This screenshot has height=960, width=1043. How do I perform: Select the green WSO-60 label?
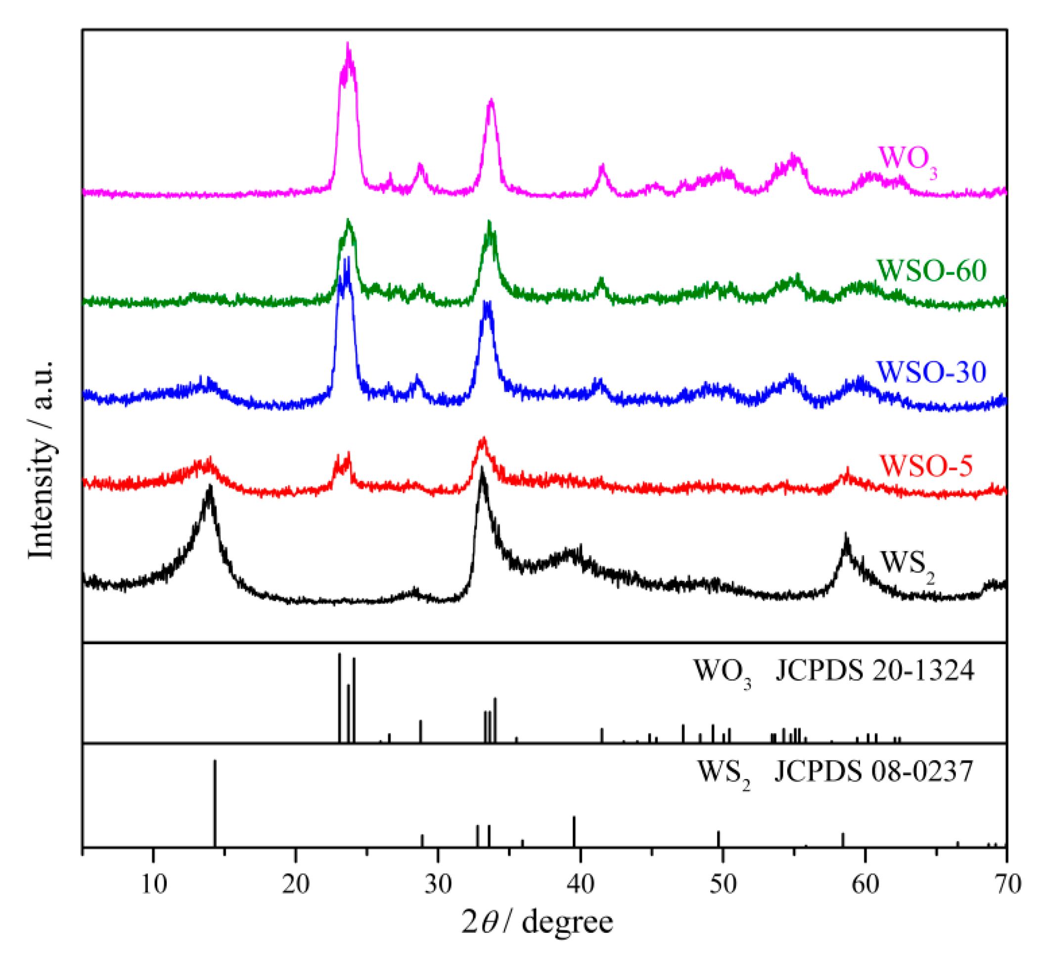coord(931,270)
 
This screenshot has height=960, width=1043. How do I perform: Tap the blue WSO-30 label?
coord(931,372)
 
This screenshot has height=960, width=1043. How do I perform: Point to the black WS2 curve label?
coord(907,566)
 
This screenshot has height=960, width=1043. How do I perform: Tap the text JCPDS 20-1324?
coord(875,672)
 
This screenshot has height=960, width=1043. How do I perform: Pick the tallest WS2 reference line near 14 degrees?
coord(215,803)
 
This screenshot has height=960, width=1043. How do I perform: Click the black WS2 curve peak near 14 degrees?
coord(210,488)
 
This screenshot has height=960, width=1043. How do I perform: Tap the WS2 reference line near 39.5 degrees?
coord(574,831)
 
